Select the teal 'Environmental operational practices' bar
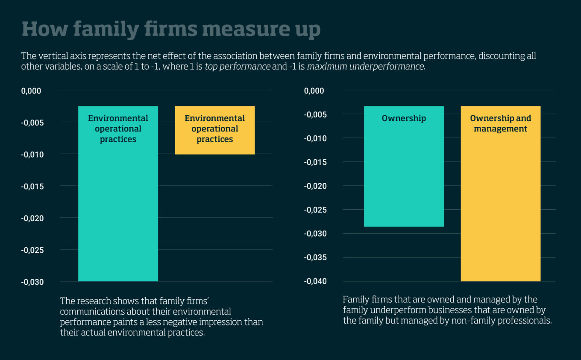click(x=118, y=205)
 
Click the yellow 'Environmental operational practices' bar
click(x=214, y=130)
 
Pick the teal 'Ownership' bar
click(x=404, y=171)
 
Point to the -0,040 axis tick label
click(x=315, y=281)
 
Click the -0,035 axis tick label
click(x=315, y=257)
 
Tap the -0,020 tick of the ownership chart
click(x=315, y=186)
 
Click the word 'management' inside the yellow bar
click(x=500, y=129)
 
